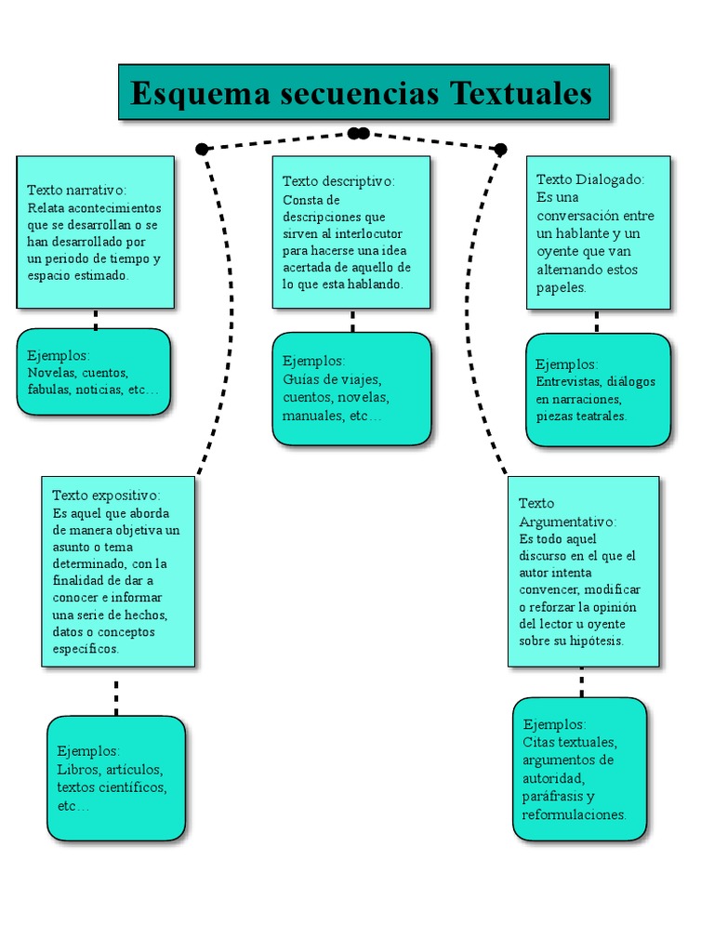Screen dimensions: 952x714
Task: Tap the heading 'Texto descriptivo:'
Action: (x=338, y=181)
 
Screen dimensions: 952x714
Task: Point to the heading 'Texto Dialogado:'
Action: (x=590, y=179)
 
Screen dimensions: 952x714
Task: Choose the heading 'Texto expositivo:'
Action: (x=106, y=496)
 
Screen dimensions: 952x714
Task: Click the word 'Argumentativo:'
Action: (x=567, y=522)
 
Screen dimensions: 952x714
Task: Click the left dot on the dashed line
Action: (x=202, y=149)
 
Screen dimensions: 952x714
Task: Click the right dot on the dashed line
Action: (x=500, y=149)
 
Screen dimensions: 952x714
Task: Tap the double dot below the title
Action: (x=358, y=133)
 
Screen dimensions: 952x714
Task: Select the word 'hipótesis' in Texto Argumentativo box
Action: (x=598, y=641)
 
